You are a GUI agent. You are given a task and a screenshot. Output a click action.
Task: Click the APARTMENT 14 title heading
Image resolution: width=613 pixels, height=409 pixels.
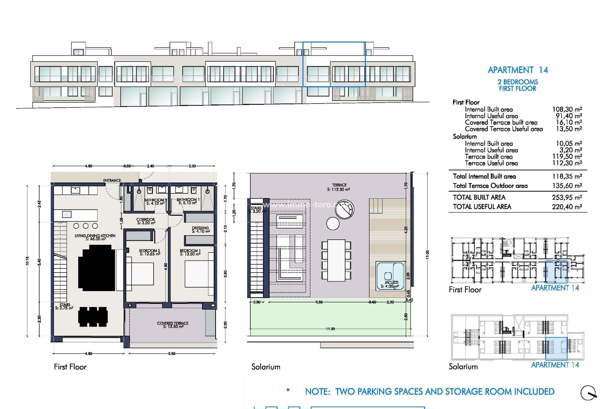tap(518, 70)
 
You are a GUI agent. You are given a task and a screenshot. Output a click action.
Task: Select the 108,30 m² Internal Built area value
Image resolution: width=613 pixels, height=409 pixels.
tap(567, 109)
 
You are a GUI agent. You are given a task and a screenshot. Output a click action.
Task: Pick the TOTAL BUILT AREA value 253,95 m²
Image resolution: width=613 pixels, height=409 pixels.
tap(567, 197)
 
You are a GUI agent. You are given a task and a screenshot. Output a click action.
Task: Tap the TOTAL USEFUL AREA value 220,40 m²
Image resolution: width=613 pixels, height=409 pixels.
tap(567, 207)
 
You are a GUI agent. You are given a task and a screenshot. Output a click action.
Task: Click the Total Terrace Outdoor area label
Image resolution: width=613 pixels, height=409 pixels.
tap(490, 186)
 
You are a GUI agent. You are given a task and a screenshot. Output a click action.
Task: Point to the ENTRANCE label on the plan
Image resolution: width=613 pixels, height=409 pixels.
tap(112, 181)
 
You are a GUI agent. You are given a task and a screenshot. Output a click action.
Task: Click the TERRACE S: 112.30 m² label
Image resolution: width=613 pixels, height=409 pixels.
tap(339, 187)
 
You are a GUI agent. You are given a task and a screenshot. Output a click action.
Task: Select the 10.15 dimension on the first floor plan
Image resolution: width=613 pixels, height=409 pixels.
tap(27, 261)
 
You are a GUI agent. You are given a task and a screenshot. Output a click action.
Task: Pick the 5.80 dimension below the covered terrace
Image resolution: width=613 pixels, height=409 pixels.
tap(172, 354)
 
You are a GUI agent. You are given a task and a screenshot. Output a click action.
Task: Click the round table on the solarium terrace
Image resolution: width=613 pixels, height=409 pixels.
tap(333, 223)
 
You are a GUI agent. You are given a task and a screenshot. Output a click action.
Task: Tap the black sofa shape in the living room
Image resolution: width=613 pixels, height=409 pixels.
tap(96, 268)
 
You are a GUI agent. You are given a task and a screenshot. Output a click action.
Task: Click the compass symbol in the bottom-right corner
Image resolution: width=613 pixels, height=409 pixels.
tap(588, 393)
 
